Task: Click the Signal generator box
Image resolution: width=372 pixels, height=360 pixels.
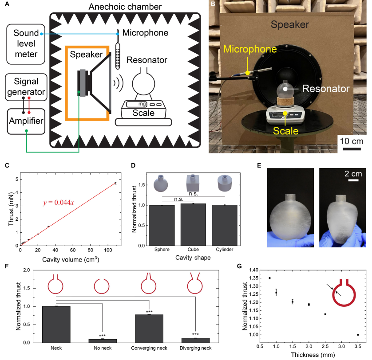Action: coord(26,87)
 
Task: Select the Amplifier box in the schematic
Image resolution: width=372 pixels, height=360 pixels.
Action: coord(26,121)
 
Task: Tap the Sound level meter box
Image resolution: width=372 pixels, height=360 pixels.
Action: coord(26,44)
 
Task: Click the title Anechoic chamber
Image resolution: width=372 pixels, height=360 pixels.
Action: coord(125,7)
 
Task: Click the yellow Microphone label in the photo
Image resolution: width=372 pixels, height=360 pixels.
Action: coord(250,49)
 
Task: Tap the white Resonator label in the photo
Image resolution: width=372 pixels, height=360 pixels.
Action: coord(326,89)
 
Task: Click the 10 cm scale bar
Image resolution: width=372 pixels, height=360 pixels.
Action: coord(352,149)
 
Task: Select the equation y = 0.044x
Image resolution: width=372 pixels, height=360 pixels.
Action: coord(59,203)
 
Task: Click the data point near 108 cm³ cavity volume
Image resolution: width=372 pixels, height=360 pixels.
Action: coord(115,183)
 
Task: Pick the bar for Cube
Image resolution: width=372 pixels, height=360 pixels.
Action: coord(193,225)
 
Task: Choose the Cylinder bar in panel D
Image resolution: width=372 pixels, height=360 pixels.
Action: coord(225,225)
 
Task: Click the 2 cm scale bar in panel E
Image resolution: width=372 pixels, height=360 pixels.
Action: coord(353,180)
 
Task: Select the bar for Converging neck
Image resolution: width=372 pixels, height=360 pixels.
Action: coord(149,329)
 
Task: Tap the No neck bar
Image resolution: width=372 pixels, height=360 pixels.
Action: coord(103,341)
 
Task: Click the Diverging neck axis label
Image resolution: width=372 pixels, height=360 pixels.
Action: coord(195,348)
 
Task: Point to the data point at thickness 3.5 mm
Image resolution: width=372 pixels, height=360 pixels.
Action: coord(358,335)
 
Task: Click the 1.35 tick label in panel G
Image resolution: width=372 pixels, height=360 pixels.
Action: coord(253,278)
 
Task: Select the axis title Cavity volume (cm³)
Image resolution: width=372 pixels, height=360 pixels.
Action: coord(71,259)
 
